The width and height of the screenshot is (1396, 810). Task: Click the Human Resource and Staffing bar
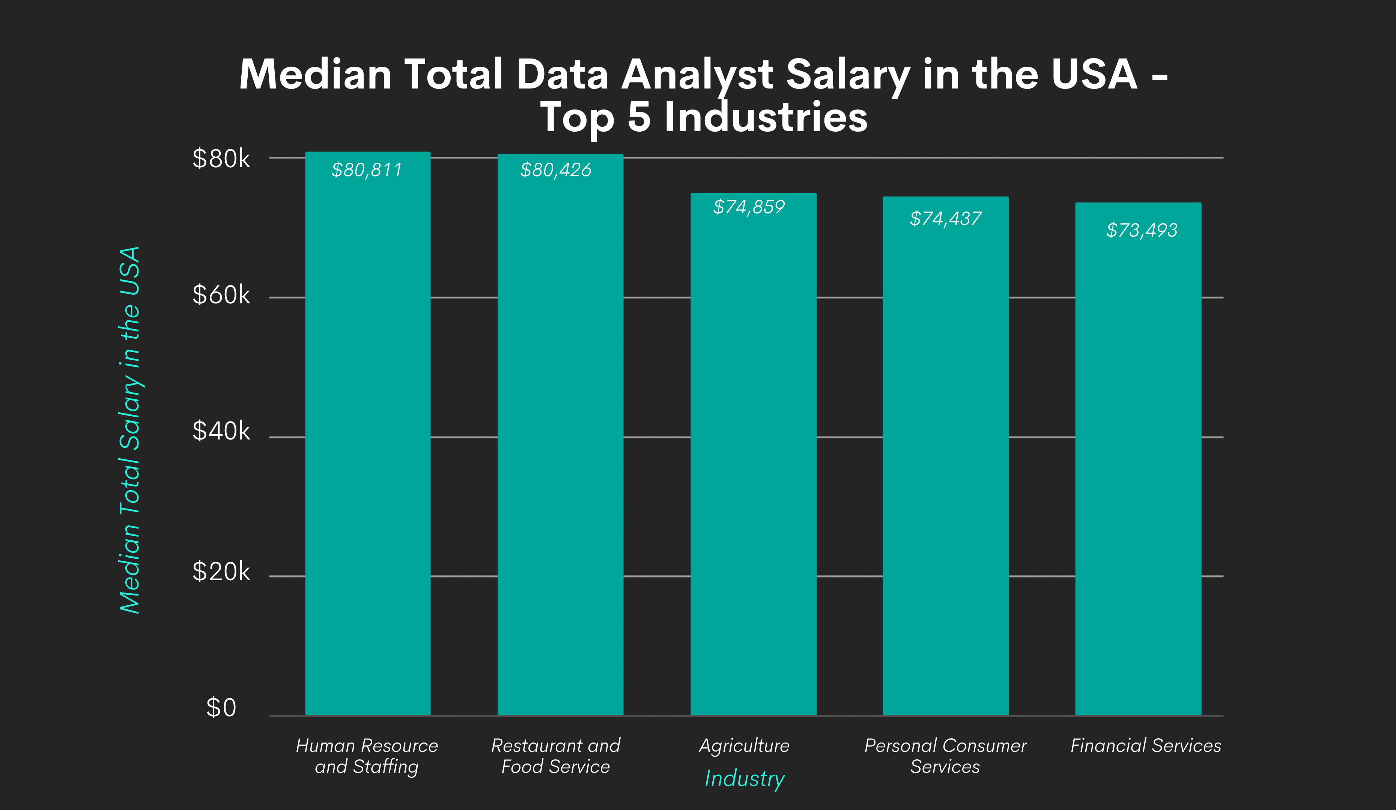(x=368, y=443)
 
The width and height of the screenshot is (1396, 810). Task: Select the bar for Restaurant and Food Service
(x=560, y=443)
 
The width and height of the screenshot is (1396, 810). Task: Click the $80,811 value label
(x=367, y=170)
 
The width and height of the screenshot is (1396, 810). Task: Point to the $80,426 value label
(x=556, y=170)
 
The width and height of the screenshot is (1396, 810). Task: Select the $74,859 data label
(x=749, y=207)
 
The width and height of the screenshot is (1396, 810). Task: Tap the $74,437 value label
(x=946, y=219)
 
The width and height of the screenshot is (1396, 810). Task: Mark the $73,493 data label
(x=1142, y=230)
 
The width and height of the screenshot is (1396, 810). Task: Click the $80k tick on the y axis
(x=221, y=159)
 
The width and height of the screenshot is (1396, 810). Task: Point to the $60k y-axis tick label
(x=221, y=295)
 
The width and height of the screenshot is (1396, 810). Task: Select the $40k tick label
(x=221, y=431)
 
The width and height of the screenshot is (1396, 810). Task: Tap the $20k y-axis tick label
(x=221, y=571)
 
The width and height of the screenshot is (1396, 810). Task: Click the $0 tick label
(x=221, y=708)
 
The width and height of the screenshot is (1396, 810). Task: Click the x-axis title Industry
(x=745, y=778)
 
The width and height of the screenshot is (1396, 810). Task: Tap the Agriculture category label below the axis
(x=745, y=746)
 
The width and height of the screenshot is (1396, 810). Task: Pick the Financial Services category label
(x=1146, y=746)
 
